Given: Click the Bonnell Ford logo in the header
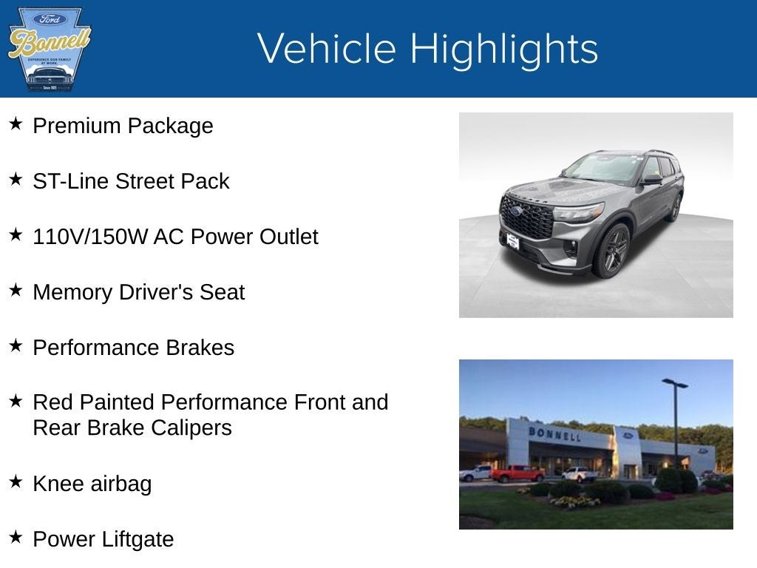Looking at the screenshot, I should point(49,49).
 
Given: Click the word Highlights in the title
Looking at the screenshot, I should point(503,49).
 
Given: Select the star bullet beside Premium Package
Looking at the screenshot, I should point(16,124).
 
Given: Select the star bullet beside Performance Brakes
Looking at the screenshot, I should point(16,345).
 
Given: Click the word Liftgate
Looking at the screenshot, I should point(138,539).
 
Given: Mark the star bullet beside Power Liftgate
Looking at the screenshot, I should point(16,537).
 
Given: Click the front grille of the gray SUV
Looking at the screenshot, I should point(526,218).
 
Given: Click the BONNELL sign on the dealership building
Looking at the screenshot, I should point(554,434).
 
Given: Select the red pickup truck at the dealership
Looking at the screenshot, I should point(517,473).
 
